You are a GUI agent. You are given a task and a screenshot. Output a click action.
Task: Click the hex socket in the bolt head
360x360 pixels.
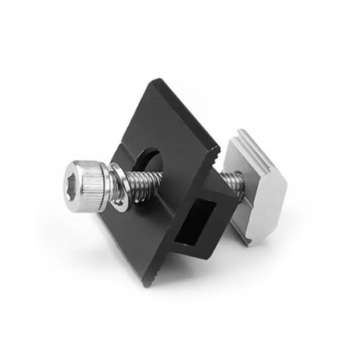tap(80, 175)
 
